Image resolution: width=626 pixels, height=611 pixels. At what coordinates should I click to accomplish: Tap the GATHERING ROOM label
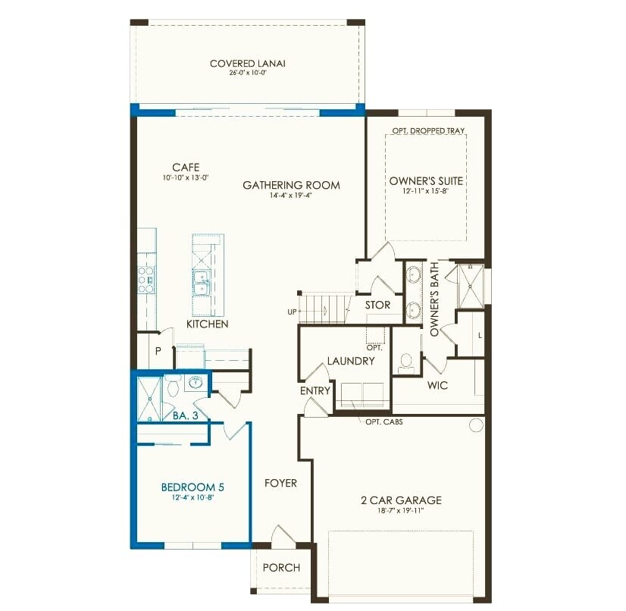[x=291, y=185]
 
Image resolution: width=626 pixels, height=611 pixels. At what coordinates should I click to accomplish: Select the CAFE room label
[x=185, y=167]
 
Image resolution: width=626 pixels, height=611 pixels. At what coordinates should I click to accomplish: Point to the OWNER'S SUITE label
[x=426, y=181]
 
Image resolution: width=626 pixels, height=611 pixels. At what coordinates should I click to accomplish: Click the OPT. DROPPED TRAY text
[x=428, y=131]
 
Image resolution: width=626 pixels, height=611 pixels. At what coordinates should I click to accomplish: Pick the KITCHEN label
[x=207, y=324]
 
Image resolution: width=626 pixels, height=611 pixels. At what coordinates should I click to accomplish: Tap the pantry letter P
[x=158, y=351]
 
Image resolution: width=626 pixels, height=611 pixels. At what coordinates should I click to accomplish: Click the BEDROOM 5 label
[x=192, y=487]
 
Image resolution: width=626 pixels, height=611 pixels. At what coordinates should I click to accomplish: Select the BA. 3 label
[x=186, y=415]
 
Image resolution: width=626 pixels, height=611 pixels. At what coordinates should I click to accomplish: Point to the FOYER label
[x=280, y=483]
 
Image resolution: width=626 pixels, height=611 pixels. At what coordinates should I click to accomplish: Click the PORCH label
[x=281, y=568]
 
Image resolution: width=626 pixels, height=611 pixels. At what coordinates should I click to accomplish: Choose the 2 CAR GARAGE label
[x=401, y=500]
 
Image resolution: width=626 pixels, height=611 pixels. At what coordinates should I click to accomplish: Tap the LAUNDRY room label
[x=351, y=361]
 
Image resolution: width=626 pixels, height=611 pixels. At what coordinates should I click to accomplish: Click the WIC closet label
[x=437, y=385]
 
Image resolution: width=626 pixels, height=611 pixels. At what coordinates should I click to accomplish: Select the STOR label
[x=377, y=305]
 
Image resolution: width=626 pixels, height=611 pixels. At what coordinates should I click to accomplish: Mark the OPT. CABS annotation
[x=384, y=421]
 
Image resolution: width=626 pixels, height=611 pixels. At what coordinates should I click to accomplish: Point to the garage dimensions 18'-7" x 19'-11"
[x=401, y=512]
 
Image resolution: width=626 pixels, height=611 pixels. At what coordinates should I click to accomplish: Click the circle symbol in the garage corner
[x=476, y=425]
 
